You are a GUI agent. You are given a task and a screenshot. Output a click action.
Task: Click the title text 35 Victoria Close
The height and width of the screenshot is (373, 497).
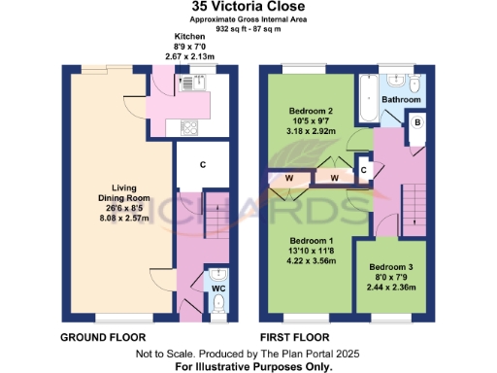coord(248,8)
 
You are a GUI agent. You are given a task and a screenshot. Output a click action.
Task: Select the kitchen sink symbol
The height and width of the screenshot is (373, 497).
coord(185,85)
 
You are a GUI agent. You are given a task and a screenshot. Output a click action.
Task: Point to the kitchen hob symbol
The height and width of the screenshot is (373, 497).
coord(187,126)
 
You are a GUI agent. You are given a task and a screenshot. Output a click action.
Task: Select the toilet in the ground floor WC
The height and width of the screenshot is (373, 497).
coord(217,305)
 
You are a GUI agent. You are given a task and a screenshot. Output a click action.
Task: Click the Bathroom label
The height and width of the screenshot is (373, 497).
coord(401,99)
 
